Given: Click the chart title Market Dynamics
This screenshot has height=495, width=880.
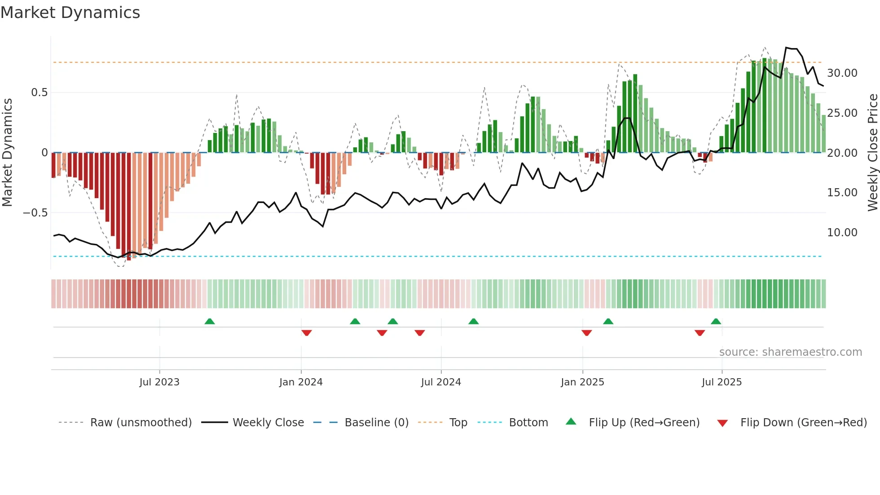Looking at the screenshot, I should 70,13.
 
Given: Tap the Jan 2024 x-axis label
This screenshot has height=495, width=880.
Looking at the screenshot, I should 301,382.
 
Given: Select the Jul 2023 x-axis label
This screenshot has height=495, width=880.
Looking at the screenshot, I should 159,382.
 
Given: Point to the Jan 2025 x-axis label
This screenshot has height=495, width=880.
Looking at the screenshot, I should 582,382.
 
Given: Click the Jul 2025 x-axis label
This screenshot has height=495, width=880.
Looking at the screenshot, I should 722,382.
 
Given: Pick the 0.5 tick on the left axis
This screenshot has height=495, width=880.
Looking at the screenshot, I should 39,93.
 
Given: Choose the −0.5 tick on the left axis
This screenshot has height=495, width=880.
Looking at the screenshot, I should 35,213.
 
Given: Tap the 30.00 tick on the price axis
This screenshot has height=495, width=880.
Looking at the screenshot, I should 842,73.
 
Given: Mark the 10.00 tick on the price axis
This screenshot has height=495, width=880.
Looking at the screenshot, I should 842,233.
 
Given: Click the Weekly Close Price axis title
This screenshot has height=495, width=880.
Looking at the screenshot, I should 872,153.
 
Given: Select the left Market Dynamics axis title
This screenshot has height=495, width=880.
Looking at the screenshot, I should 7,153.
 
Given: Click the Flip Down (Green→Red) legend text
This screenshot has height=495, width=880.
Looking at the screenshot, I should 803,423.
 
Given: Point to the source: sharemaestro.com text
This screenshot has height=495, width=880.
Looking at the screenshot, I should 790,352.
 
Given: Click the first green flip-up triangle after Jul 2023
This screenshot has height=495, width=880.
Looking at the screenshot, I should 210,321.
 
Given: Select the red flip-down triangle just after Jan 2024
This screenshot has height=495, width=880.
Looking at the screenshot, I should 307,333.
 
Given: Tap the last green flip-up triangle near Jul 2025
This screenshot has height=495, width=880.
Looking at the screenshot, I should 716,321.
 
